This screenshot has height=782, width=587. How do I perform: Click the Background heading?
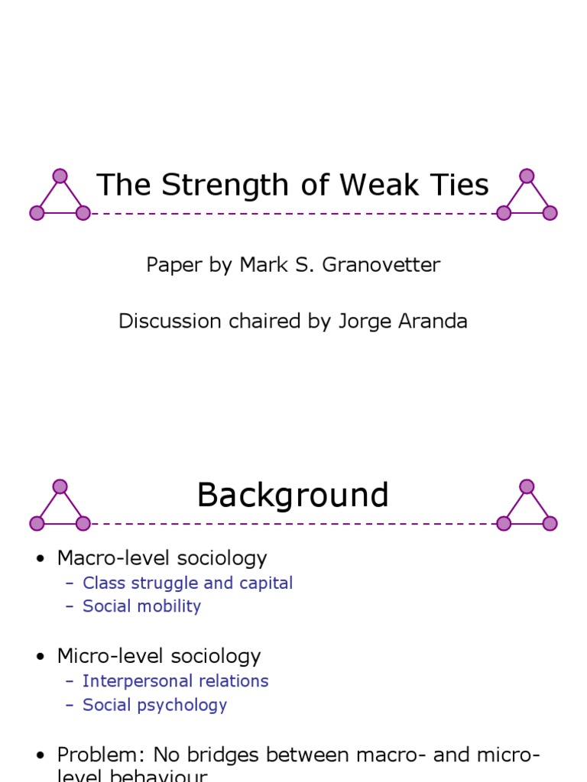293,496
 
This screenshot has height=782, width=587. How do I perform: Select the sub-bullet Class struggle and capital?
187,583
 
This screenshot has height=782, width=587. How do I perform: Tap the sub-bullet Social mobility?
141,606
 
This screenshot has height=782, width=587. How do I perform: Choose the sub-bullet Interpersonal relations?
175,681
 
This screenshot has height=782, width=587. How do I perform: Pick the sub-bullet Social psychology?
154,705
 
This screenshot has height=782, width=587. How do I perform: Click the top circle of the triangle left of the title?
60,176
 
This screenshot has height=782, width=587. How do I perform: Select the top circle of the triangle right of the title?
527,176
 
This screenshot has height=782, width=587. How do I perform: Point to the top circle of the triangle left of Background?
60,486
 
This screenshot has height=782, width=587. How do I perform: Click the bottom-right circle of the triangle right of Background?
550,523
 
